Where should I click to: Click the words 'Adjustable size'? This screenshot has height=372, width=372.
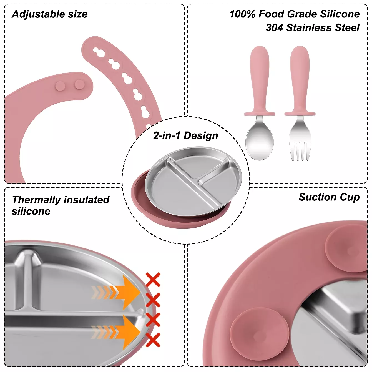coord(49,14)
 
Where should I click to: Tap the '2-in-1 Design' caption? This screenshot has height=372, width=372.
coord(185,135)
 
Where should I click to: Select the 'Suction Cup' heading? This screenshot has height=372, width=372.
coord(329,197)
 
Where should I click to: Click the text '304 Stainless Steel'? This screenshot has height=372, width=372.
coord(313,28)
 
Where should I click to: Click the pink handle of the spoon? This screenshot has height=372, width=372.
coord(259,81)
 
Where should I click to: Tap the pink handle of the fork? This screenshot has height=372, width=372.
coord(300,81)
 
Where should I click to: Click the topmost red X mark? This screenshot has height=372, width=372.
coord(153,280)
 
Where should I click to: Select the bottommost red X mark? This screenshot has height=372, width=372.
coord(153,340)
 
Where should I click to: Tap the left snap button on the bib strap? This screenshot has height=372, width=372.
coord(60,86)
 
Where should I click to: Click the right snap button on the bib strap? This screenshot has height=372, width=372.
coord(80,84)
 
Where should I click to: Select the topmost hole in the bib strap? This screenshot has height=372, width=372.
coord(99,52)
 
